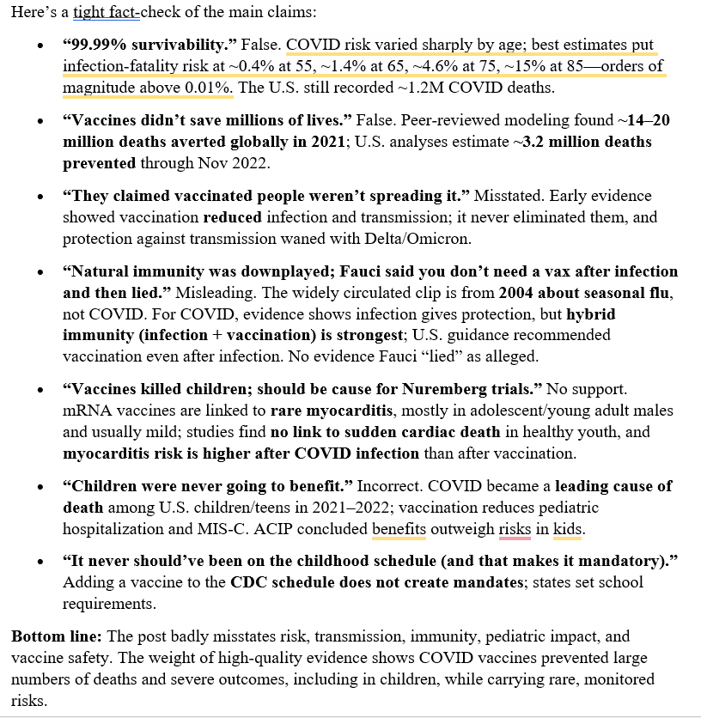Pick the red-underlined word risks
(x=515, y=527)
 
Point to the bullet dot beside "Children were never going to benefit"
(x=37, y=486)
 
